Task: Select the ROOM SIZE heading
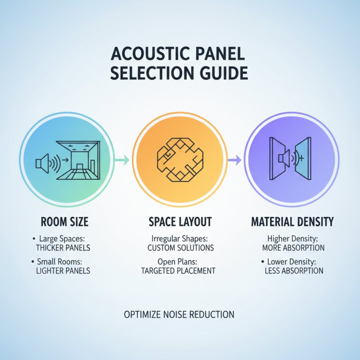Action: [x=64, y=222]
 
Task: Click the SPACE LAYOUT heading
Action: [x=180, y=222]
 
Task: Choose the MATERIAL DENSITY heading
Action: [x=292, y=222]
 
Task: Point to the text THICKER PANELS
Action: [x=63, y=247]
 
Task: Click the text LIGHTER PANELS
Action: [x=63, y=270]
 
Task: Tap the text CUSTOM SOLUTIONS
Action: [x=181, y=247]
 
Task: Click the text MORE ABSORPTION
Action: [x=293, y=247]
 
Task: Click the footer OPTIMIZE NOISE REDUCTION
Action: [x=179, y=315]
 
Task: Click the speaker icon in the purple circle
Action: [x=285, y=158]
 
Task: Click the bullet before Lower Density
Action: [x=262, y=261]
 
